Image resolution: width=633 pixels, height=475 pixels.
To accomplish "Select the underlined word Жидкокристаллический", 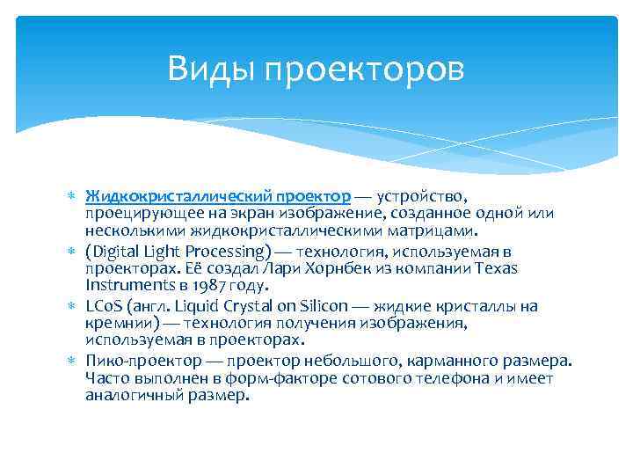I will [180, 195].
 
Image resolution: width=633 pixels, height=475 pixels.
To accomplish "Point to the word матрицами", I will [433, 231].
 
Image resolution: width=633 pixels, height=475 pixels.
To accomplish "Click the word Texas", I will [496, 268].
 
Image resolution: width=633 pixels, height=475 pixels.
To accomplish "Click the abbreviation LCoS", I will [104, 306].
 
